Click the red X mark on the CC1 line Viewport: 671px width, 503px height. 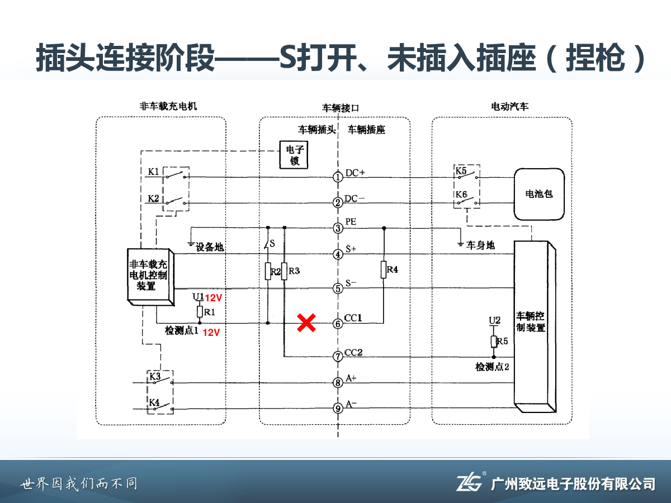306,323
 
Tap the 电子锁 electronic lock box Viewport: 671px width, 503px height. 294,155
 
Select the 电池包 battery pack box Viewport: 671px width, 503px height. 539,194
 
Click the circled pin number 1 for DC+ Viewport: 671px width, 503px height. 338,177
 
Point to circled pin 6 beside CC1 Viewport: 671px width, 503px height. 338,324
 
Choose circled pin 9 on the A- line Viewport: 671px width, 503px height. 338,409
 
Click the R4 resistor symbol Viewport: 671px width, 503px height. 384,270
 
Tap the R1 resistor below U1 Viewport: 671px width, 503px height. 200,311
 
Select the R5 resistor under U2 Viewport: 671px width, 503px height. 494,341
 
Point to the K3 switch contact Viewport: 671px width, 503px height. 163,381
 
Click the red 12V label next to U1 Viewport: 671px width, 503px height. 213,298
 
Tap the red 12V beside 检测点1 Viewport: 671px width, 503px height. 211,333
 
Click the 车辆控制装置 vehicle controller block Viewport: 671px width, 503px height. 535,326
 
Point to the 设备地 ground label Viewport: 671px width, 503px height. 210,247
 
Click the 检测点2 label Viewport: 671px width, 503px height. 492,367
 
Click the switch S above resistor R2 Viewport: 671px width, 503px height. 268,245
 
